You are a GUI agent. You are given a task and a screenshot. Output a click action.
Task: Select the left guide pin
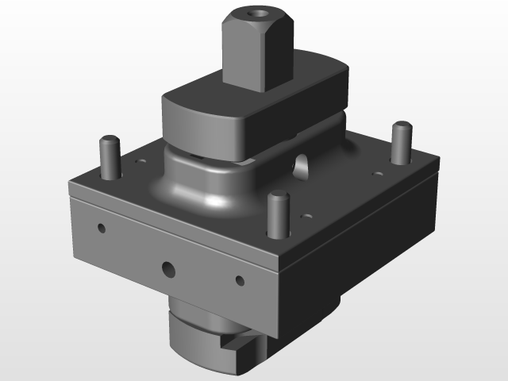[109, 159]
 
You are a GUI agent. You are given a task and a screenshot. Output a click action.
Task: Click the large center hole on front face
[168, 269]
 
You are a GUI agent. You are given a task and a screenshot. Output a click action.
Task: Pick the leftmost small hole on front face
[101, 229]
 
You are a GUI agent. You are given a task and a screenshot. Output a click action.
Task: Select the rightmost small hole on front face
[239, 279]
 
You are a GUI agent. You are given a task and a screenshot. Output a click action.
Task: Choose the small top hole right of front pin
[306, 215]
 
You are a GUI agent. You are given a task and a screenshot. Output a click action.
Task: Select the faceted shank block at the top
[258, 48]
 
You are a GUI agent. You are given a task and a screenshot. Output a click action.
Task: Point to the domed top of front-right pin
[276, 196]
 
